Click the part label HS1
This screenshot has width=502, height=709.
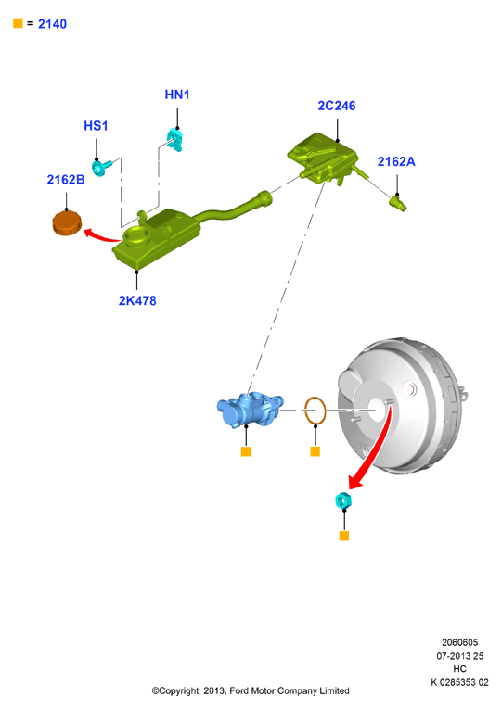point(96,126)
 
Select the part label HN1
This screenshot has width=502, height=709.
point(177,95)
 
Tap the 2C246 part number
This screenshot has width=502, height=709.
point(336,106)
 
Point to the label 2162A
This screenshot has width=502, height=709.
point(396,161)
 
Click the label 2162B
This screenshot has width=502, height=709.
point(66,180)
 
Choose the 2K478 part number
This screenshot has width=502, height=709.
point(137,300)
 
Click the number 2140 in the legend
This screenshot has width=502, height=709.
point(52,24)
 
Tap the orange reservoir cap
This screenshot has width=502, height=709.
point(67,223)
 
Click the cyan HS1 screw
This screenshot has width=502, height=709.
point(101,168)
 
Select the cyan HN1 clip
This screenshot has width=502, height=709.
point(174,140)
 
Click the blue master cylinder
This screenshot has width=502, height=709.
point(250,409)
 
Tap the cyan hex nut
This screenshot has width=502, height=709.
point(343,500)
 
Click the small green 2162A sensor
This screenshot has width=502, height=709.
point(398,202)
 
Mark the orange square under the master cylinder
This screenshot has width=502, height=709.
point(246,451)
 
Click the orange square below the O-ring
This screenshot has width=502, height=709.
point(315,451)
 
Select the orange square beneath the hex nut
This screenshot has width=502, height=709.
point(344,536)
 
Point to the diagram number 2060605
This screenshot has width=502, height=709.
point(460,642)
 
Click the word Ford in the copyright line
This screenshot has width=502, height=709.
point(239,690)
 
